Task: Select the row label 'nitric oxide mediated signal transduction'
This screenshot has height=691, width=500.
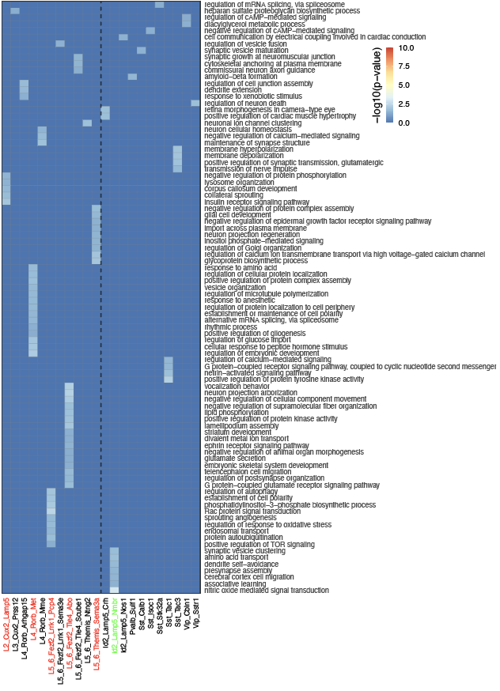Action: click(266, 590)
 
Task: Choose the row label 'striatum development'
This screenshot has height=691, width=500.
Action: click(237, 432)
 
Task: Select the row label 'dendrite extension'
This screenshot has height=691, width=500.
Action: click(233, 89)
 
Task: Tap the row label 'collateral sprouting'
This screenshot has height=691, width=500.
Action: click(234, 195)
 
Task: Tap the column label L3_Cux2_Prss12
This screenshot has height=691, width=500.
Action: click(15, 625)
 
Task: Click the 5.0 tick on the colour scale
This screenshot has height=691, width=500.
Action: click(403, 85)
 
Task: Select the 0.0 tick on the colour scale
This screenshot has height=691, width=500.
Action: click(403, 123)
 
